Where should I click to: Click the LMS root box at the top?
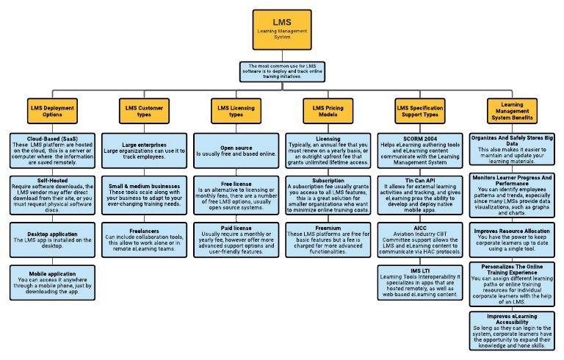point(283,28)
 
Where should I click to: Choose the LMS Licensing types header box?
point(234,110)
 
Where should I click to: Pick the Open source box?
point(234,151)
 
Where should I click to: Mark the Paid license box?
point(234,240)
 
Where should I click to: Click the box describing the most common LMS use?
point(283,71)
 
